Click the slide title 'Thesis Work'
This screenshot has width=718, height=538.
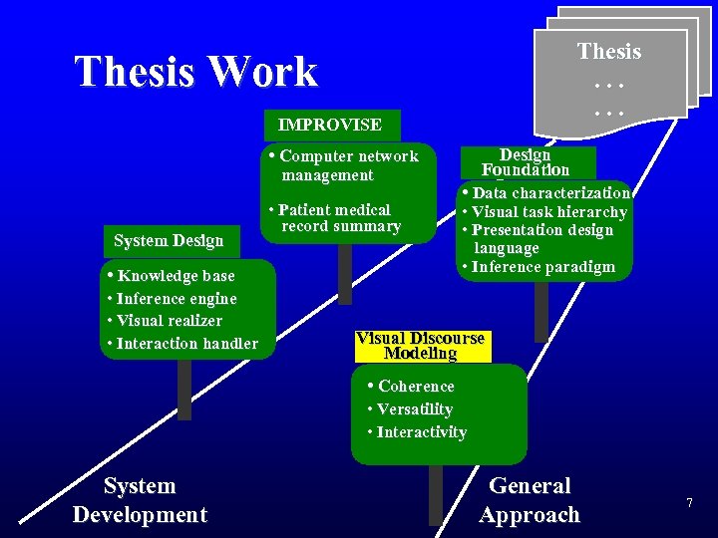195,72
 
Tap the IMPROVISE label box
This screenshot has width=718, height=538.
330,126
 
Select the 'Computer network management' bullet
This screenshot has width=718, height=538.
344,165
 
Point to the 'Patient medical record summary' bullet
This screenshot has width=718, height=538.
335,218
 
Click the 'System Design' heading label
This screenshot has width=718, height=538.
168,240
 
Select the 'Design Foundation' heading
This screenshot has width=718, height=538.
526,162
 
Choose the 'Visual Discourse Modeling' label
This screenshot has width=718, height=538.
420,346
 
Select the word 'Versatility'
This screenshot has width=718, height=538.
415,409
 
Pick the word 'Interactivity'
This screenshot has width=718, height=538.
421,432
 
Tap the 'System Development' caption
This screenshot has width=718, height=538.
140,500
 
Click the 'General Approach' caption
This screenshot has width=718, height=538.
529,500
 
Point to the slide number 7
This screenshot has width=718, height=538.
688,504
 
